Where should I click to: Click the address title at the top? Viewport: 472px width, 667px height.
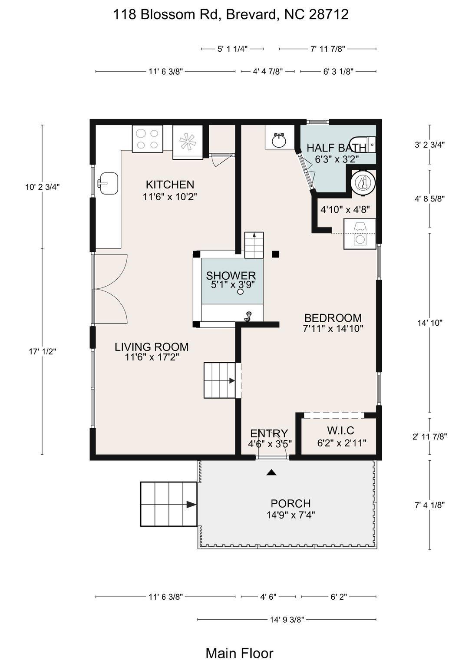(x=231, y=15)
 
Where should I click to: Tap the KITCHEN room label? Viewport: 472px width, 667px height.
(x=170, y=185)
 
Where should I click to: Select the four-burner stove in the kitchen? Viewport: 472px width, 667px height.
(x=147, y=139)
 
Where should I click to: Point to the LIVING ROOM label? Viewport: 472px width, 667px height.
(x=152, y=347)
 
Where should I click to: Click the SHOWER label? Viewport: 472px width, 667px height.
(x=231, y=275)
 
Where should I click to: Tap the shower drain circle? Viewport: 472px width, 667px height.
(x=241, y=292)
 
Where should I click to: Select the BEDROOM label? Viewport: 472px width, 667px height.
(x=333, y=318)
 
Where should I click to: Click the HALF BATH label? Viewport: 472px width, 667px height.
(x=337, y=148)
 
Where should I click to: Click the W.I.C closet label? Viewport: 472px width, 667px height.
(x=341, y=430)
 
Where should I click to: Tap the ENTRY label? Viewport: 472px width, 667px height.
(x=269, y=433)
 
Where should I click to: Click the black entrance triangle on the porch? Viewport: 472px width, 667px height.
(x=271, y=473)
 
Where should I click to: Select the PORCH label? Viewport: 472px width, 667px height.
(x=290, y=503)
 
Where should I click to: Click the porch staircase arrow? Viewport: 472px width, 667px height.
(x=191, y=505)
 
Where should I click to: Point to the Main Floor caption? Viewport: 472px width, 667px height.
(x=239, y=653)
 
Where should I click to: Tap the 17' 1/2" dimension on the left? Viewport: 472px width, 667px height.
(x=43, y=351)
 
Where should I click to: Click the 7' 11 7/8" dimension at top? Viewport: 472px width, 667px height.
(x=327, y=49)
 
